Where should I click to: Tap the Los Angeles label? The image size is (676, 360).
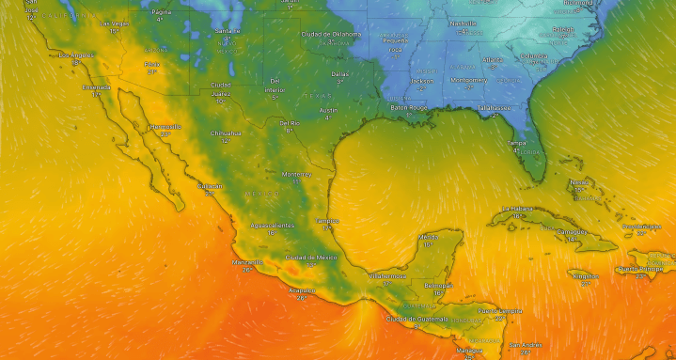tap(78, 55)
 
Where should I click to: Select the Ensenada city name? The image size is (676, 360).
tap(96, 87)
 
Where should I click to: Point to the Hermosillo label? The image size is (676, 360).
tap(165, 126)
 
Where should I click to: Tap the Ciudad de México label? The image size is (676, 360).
tap(310, 257)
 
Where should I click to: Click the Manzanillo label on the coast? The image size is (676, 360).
tap(247, 262)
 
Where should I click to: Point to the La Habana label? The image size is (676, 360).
tap(517, 209)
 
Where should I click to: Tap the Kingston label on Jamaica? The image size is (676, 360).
tap(584, 275)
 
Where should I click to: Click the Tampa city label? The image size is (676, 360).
tap(517, 143)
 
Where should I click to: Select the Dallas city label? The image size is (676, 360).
tap(339, 73)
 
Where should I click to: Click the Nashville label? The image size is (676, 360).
tap(464, 23)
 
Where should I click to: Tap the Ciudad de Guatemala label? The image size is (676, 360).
tap(414, 319)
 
